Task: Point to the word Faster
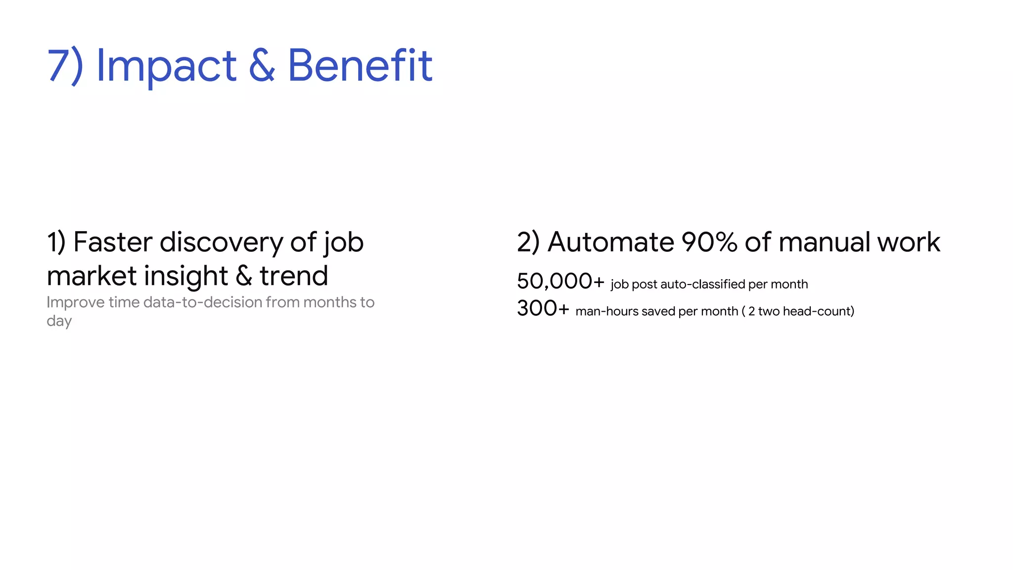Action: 113,242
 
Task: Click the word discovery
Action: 221,242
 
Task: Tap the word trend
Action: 294,276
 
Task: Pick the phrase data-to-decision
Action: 203,302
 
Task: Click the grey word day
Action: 59,321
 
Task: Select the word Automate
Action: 610,242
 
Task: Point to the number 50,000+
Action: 560,282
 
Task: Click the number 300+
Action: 543,309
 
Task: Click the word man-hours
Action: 607,311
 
